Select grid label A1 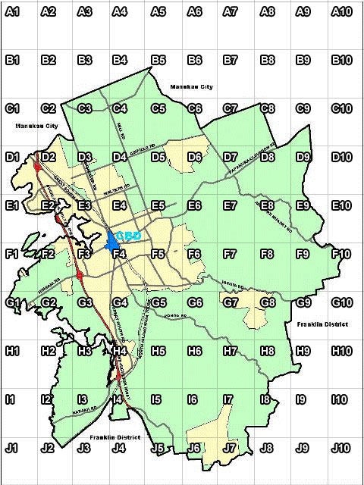tap(11, 11)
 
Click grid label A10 tap(342, 11)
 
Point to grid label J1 tap(11, 448)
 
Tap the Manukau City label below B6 tap(191, 87)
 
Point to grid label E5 tap(158, 205)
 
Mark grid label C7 tap(231, 108)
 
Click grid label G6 tap(194, 302)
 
